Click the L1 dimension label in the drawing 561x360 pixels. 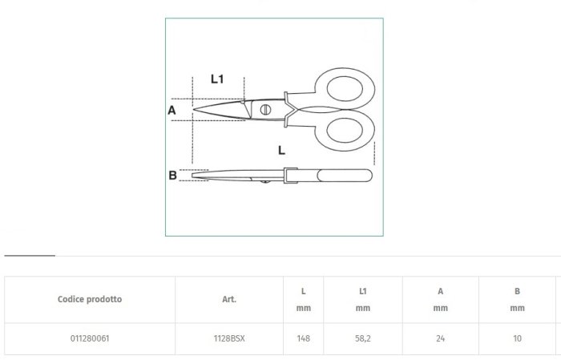coord(217,79)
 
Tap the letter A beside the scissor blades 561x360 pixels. coord(172,110)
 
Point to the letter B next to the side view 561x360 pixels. coord(172,176)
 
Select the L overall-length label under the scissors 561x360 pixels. coord(281,150)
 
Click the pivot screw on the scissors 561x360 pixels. coord(265,110)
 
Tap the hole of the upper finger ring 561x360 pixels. coord(345,89)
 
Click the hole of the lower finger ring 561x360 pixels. coord(345,130)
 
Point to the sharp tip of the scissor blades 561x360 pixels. coord(194,110)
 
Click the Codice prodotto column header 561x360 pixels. coord(90,299)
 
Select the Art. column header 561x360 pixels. coord(229,299)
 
